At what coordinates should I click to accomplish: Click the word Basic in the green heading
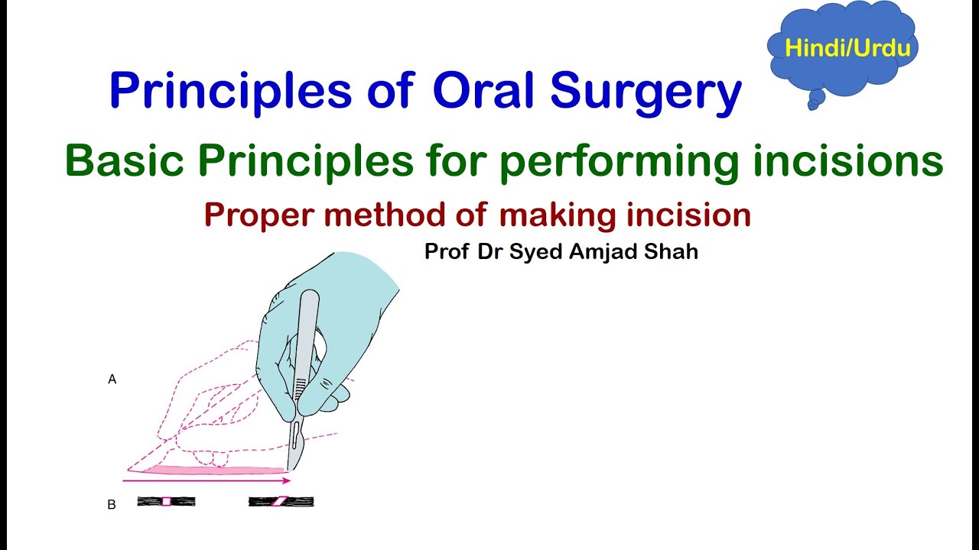(x=125, y=160)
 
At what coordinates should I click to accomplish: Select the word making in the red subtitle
(x=556, y=216)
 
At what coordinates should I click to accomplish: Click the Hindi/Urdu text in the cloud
(x=847, y=48)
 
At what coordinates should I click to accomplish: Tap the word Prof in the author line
(x=447, y=252)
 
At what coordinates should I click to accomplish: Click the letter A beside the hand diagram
(x=112, y=379)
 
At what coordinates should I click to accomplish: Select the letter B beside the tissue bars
(x=112, y=505)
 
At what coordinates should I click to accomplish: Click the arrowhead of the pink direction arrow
(x=287, y=480)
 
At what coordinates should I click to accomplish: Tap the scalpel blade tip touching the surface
(x=289, y=467)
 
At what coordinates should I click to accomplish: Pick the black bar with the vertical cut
(x=166, y=501)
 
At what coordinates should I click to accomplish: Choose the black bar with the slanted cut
(x=281, y=501)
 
